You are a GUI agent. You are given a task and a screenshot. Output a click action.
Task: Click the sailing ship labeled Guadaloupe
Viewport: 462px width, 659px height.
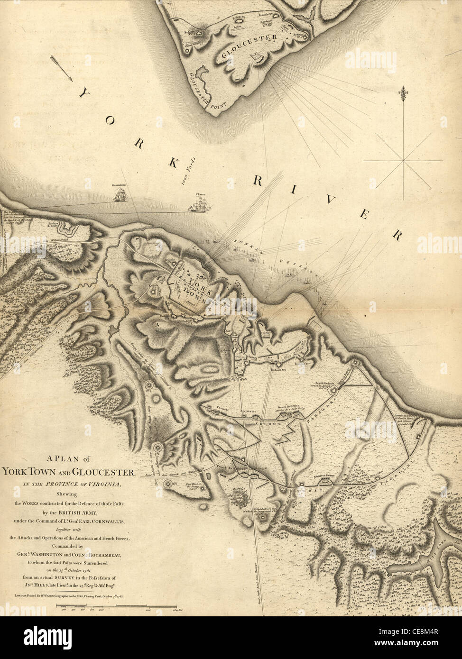[x=122, y=194]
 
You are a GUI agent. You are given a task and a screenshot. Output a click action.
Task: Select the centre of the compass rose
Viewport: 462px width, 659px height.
[x=404, y=161]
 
